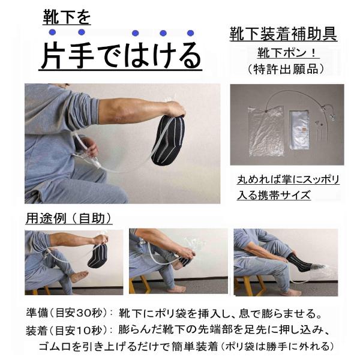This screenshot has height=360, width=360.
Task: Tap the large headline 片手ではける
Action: pos(121,56)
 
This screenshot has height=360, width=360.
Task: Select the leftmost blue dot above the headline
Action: pos(53,32)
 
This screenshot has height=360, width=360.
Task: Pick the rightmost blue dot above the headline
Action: pos(191,33)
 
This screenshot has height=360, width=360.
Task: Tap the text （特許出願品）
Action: pos(286,69)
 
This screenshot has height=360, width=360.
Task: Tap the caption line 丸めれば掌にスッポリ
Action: pos(287,179)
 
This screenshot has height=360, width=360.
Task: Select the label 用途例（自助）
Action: pos(68,217)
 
